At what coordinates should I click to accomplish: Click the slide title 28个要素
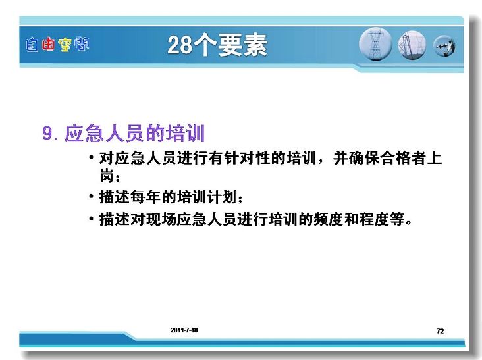point(217,45)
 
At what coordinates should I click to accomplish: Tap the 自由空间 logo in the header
point(57,45)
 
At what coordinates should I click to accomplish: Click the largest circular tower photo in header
point(375,44)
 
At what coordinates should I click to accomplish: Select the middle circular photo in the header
point(412,45)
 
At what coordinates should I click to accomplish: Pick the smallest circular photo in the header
point(444,46)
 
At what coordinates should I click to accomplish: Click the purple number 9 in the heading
point(47,134)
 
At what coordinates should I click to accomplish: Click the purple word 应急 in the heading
point(84,134)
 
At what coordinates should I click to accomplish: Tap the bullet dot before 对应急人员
point(91,157)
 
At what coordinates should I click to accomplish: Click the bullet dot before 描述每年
point(91,196)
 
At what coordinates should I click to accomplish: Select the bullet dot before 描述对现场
point(91,219)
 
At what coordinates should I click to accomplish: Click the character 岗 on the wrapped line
point(107,176)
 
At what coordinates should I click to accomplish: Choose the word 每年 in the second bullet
point(146,197)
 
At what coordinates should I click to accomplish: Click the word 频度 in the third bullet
point(329,219)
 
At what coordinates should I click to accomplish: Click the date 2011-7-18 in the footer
point(184,330)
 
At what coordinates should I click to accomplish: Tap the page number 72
point(441,331)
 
